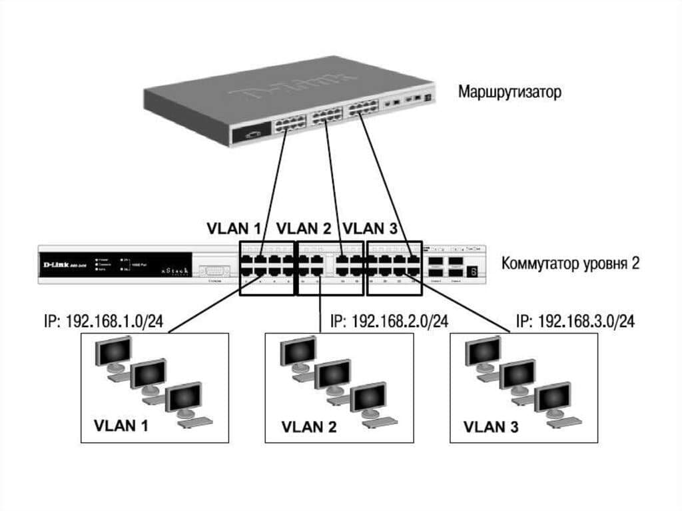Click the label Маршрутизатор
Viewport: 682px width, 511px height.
coord(509,91)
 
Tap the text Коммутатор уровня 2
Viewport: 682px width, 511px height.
coord(571,262)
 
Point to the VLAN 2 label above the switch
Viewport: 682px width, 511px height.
coord(304,229)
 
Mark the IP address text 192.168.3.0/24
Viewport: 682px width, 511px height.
coord(575,322)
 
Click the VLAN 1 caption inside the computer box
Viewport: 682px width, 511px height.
coord(121,425)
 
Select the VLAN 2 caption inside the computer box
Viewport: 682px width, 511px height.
coord(306,426)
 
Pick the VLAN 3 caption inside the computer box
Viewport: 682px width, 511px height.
coord(491,426)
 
